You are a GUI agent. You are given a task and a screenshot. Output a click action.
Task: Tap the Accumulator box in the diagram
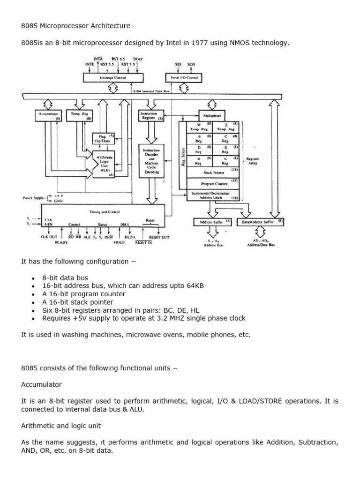click(x=48, y=116)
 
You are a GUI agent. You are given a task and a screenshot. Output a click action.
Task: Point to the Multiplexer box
click(x=212, y=115)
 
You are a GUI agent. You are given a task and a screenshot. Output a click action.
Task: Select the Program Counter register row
click(x=213, y=183)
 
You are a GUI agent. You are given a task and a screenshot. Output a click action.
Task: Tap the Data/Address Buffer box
click(x=261, y=222)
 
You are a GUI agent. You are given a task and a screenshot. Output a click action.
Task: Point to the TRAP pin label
click(x=137, y=60)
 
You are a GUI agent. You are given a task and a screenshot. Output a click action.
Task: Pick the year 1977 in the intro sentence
click(x=173, y=44)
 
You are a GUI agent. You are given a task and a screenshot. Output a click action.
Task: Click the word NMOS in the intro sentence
click(x=223, y=44)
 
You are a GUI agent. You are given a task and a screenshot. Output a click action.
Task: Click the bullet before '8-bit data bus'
click(x=33, y=278)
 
